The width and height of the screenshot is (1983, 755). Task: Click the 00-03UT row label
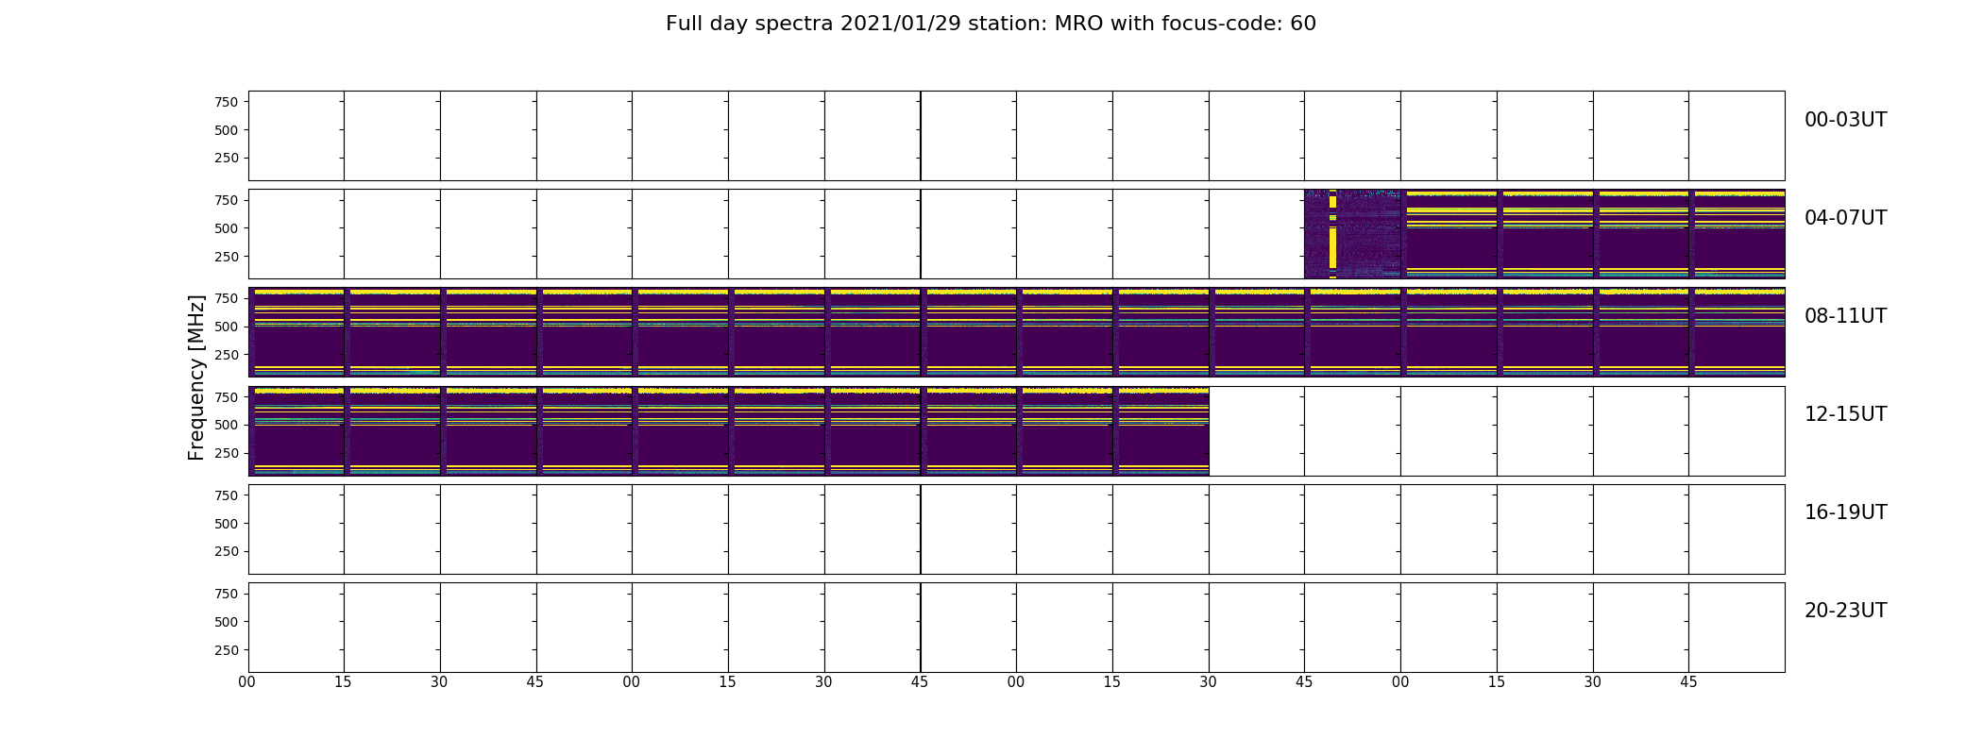(1845, 120)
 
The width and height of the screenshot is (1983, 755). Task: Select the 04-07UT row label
(1845, 218)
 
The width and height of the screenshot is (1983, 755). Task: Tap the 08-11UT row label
(1845, 316)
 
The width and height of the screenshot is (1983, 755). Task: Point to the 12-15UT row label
(1845, 414)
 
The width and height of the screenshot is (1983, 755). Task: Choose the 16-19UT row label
(1845, 512)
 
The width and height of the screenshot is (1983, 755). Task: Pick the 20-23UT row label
(1845, 611)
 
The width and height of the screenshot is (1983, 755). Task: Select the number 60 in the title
(1303, 24)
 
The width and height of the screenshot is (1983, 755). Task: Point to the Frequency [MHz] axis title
(196, 377)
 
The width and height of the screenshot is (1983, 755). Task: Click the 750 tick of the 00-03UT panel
(226, 102)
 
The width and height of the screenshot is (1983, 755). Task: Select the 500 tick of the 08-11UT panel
(226, 327)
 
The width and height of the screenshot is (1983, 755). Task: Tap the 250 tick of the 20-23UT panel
(226, 650)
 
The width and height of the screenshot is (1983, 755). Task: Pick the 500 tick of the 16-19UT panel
(226, 524)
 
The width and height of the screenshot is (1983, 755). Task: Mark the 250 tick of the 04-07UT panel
(226, 257)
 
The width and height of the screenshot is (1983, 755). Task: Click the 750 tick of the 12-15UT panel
(226, 397)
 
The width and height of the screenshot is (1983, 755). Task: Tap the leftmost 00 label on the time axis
(247, 682)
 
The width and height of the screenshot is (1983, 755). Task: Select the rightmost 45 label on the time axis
(1688, 682)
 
